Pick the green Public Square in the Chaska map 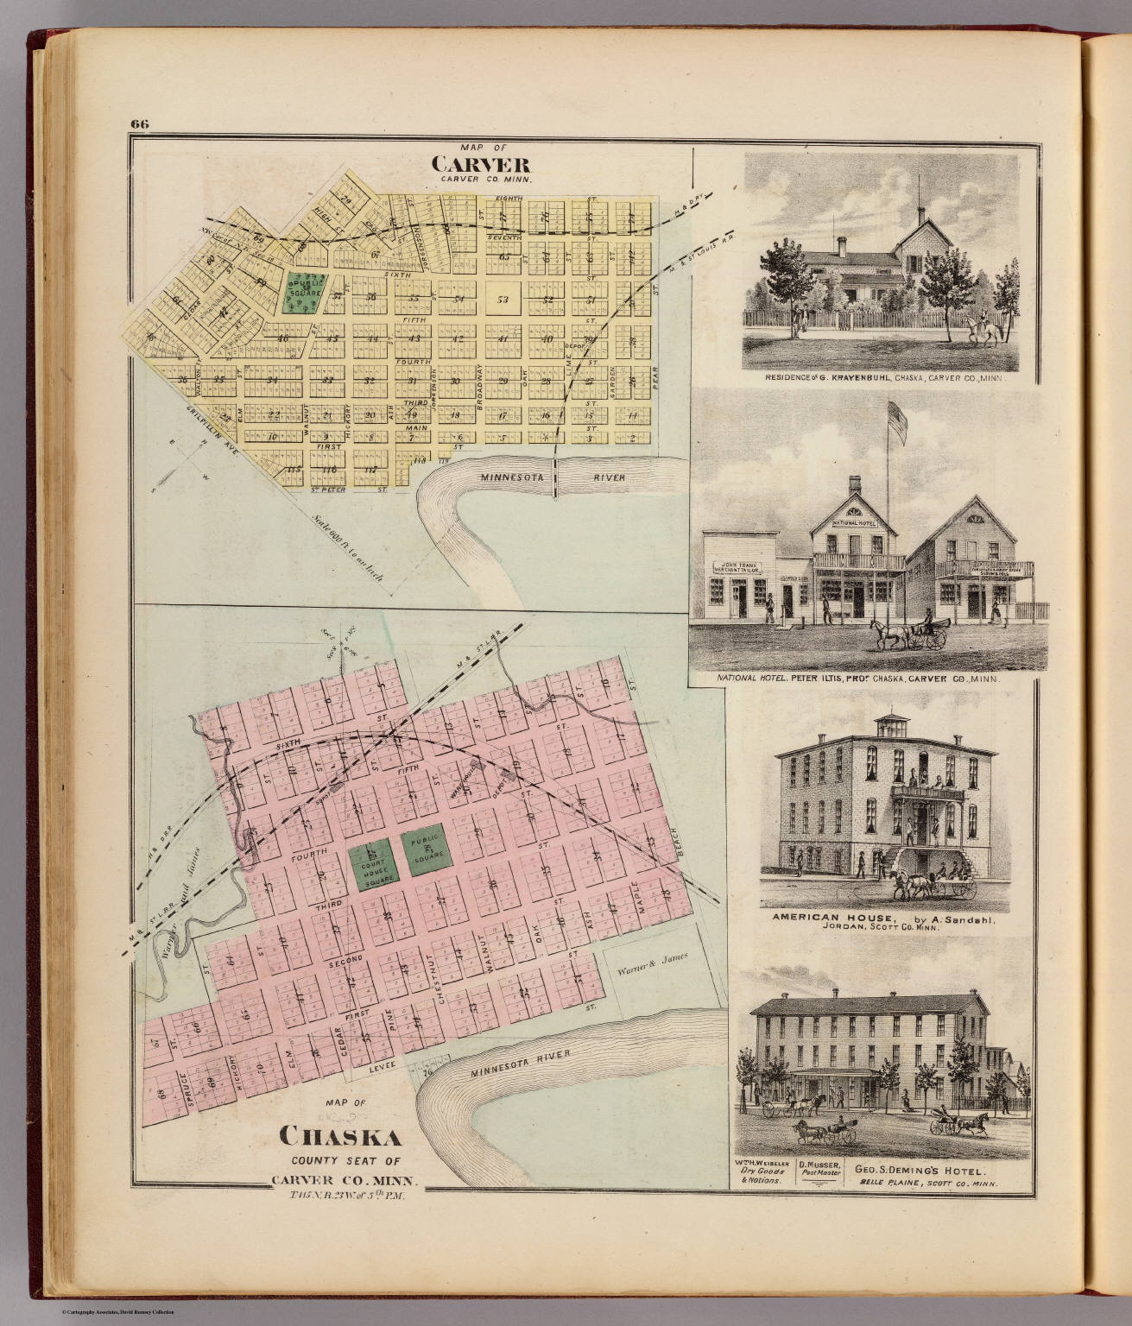click(x=425, y=849)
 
